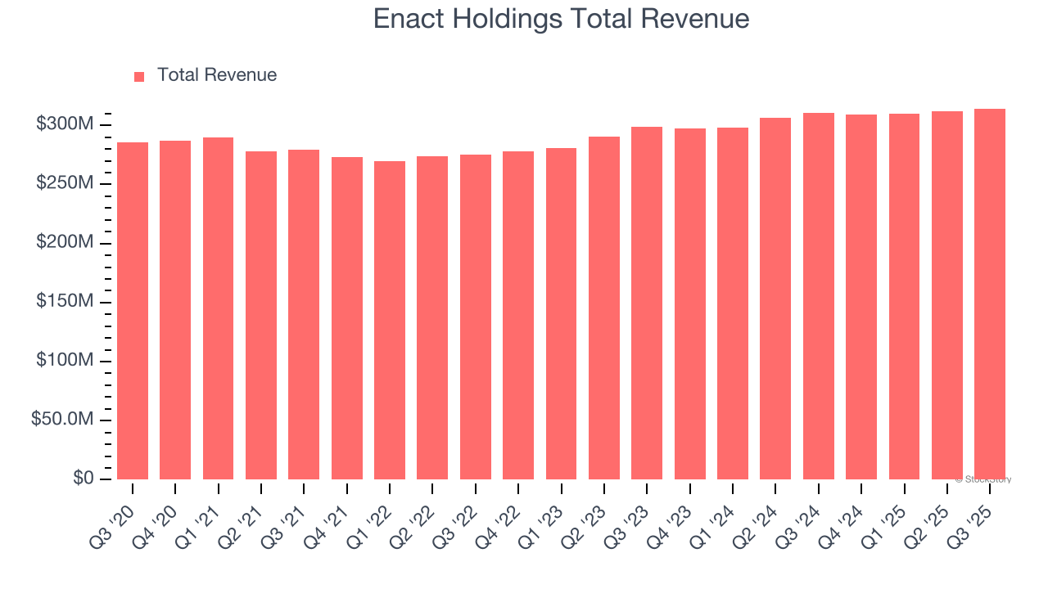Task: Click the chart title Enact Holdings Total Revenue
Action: click(561, 19)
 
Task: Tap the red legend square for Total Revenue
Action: click(139, 76)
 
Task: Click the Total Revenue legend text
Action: click(217, 75)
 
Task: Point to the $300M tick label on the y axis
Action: click(65, 124)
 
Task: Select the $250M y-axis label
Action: click(65, 183)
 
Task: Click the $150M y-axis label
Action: click(65, 302)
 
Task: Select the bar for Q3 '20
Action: click(133, 311)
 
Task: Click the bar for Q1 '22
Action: click(390, 320)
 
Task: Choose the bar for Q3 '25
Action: click(990, 294)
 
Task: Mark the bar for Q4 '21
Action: click(347, 318)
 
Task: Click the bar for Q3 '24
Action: click(819, 296)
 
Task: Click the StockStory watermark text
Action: click(983, 479)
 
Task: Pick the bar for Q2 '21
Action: click(261, 315)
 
